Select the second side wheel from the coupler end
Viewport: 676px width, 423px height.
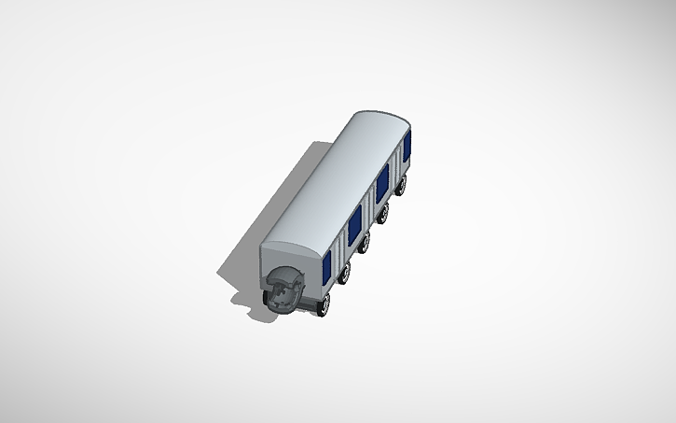(x=345, y=274)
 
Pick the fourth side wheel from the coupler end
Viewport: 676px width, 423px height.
(x=383, y=214)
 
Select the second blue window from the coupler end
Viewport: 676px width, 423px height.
(x=354, y=225)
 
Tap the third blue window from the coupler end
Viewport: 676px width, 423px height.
(x=382, y=180)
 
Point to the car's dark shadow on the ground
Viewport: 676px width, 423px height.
(x=238, y=271)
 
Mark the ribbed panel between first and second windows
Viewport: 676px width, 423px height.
(x=340, y=247)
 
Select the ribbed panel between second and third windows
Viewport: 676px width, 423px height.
(x=368, y=204)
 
